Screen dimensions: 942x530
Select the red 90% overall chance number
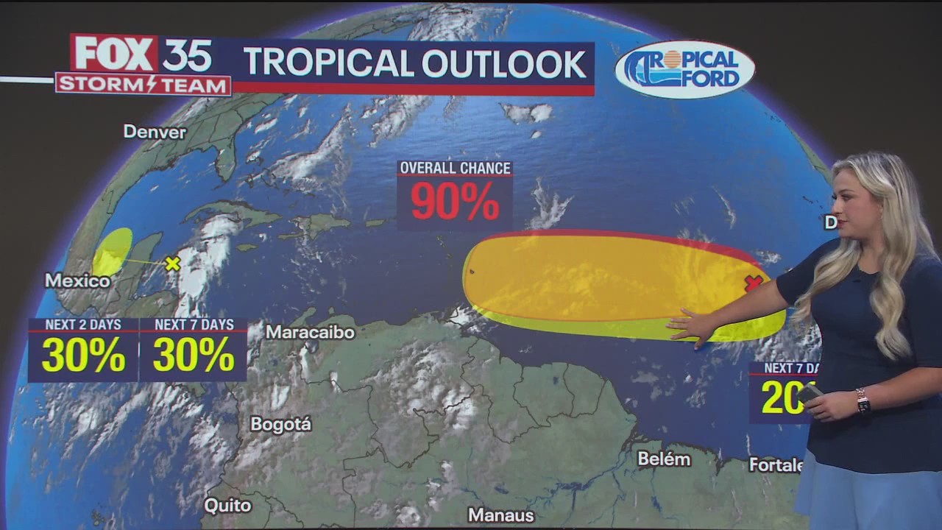pyautogui.click(x=455, y=201)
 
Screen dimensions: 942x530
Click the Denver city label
pyautogui.click(x=155, y=132)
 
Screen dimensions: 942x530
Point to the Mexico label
pyautogui.click(x=77, y=280)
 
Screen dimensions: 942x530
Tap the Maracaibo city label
pyautogui.click(x=310, y=332)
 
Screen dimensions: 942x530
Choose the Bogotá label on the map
pyautogui.click(x=280, y=425)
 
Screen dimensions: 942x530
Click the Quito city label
pyautogui.click(x=227, y=506)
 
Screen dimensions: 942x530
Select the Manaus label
pyautogui.click(x=500, y=515)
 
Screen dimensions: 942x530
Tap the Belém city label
pyautogui.click(x=664, y=459)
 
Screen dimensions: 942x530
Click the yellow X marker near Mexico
pyautogui.click(x=173, y=264)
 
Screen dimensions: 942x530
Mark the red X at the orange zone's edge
pyautogui.click(x=753, y=283)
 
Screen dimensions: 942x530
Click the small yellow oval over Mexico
pyautogui.click(x=113, y=252)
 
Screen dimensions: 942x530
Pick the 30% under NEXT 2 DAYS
pyautogui.click(x=83, y=356)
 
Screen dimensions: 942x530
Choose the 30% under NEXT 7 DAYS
pyautogui.click(x=194, y=356)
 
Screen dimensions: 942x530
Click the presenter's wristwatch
pyautogui.click(x=863, y=401)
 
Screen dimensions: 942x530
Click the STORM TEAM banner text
pyautogui.click(x=143, y=85)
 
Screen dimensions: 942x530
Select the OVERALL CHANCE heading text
pyautogui.click(x=455, y=168)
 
